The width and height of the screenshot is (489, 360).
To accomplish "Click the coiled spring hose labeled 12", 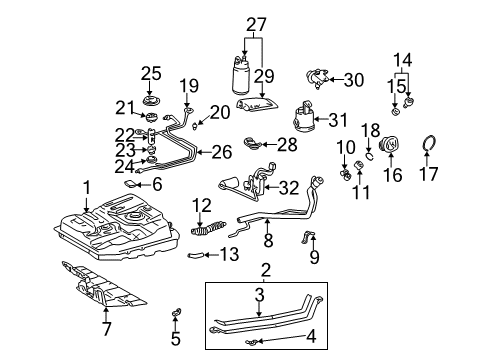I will point(132,185).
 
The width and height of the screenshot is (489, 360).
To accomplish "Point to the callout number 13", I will point(231,254).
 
